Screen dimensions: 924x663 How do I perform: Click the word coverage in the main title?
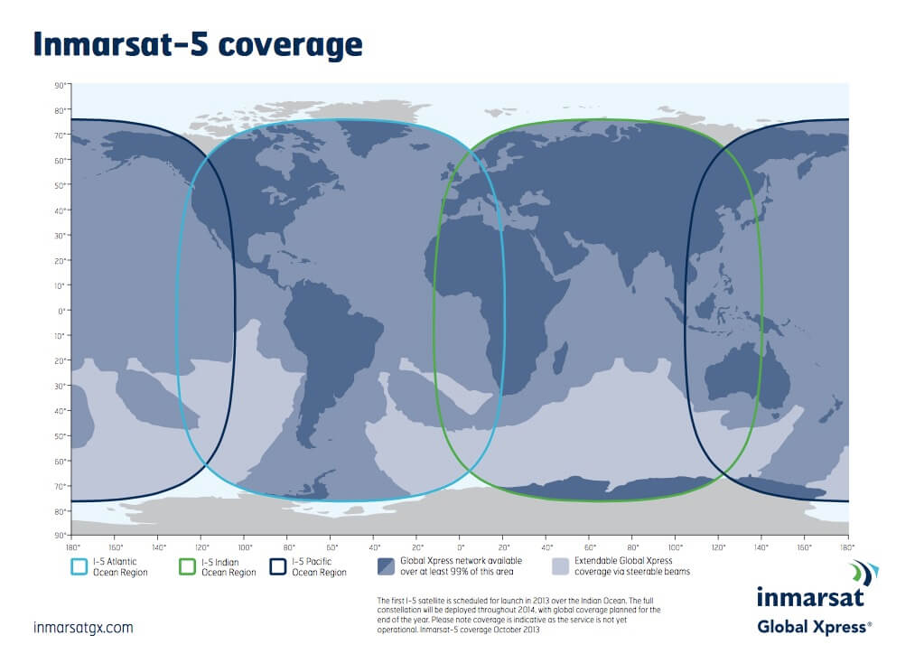pos(290,46)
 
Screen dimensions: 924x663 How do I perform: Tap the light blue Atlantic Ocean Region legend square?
pos(79,567)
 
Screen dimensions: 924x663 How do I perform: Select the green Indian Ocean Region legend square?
pos(187,567)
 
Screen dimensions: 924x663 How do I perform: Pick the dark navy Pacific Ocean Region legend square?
pos(278,567)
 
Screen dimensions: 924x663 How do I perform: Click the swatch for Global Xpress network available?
pos(386,566)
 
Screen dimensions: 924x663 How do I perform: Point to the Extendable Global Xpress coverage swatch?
pos(560,566)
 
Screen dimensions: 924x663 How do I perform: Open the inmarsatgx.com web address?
pos(83,628)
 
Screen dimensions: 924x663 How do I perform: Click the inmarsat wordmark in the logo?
pos(810,597)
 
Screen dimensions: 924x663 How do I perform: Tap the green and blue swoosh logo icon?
pos(864,574)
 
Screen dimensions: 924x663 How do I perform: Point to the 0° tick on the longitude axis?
pos(461,547)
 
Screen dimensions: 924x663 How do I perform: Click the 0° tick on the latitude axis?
pos(62,311)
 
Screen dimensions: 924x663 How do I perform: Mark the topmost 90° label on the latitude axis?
pos(61,86)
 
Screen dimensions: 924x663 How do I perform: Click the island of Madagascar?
pos(560,358)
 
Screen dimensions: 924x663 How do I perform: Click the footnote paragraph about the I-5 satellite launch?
pos(518,615)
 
